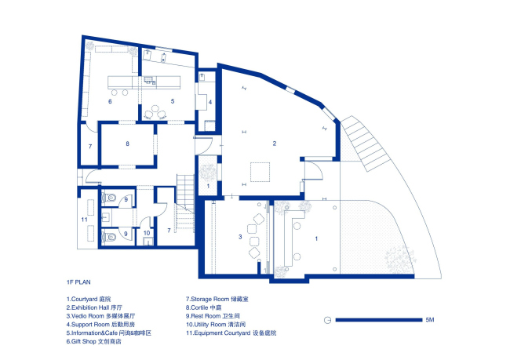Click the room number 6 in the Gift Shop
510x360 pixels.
110,101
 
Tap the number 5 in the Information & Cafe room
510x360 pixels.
173,101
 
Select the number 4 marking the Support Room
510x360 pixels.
210,102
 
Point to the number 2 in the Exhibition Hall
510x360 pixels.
275,144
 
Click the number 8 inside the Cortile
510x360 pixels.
127,144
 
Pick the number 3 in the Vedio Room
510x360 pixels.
240,237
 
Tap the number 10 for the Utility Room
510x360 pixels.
147,233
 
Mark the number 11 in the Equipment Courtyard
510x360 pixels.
84,220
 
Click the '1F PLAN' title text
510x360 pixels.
78,282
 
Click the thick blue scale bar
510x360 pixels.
379,320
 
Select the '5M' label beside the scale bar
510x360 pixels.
430,320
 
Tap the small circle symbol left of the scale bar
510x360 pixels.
327,320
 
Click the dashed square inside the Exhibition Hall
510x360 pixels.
260,172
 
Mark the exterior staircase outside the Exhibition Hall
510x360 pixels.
366,143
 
